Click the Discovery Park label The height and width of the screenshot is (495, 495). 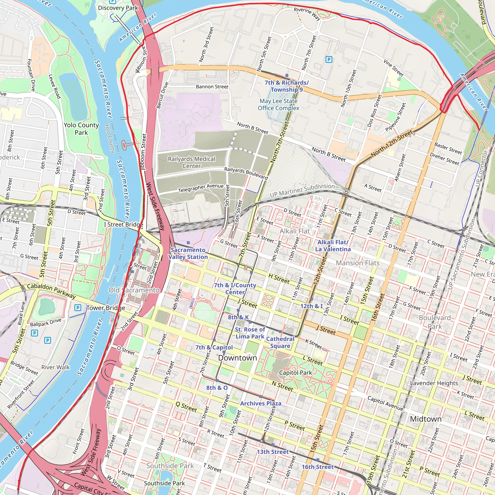(118, 8)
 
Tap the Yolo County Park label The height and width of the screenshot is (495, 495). (81, 129)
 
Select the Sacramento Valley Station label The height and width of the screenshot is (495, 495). (188, 253)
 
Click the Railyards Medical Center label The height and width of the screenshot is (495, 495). (191, 162)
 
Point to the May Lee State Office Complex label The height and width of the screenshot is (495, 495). (278, 104)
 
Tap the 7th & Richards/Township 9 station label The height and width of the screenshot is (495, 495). (286, 86)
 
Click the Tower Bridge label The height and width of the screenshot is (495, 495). (106, 308)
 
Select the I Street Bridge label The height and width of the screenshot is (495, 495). (123, 225)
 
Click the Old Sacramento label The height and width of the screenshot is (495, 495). (134, 290)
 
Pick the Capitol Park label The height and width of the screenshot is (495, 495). (295, 372)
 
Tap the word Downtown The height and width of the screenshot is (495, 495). (237, 358)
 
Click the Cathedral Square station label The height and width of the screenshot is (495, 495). (280, 342)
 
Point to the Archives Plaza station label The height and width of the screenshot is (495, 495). (261, 403)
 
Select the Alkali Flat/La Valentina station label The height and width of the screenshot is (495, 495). (333, 246)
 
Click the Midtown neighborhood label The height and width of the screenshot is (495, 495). (426, 419)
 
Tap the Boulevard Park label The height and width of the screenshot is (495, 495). (435, 322)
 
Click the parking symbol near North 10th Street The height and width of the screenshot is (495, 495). (329, 60)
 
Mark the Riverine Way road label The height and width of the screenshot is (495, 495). (307, 14)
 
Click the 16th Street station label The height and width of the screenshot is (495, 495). (317, 467)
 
